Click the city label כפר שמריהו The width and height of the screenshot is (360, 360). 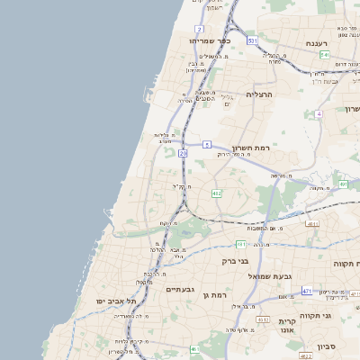click(211, 41)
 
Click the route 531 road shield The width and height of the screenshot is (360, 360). click(253, 41)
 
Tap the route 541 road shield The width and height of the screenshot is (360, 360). click(324, 56)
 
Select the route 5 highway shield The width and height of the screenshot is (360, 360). click(207, 144)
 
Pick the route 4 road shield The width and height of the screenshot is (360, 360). click(319, 114)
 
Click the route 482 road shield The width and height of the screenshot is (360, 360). click(216, 193)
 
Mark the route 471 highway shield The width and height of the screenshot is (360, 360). click(307, 291)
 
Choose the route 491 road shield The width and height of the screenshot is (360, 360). click(344, 184)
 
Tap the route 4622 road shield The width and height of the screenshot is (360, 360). click(305, 355)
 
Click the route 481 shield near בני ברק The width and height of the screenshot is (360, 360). click(241, 244)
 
